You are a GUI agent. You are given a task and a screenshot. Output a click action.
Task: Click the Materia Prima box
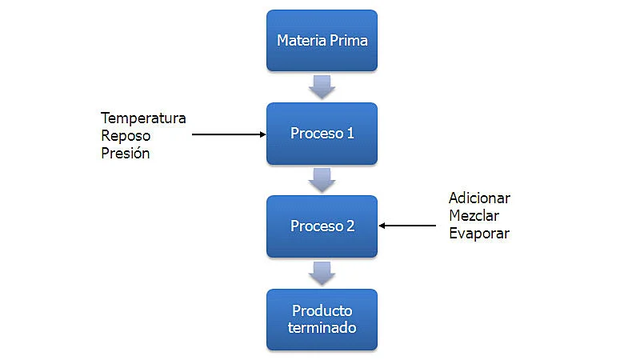(322, 40)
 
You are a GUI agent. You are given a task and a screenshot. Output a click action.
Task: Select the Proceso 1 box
(322, 133)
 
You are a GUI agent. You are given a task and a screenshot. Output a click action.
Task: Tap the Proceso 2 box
(322, 226)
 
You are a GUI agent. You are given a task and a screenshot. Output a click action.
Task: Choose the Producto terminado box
(322, 319)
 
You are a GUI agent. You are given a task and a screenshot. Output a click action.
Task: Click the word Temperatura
(143, 118)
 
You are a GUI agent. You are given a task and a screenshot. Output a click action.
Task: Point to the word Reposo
(126, 135)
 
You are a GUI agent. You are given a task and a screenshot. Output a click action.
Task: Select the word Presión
(126, 153)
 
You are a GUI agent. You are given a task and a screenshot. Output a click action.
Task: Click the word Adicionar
(479, 198)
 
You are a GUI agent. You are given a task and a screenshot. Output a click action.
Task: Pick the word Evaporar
(478, 234)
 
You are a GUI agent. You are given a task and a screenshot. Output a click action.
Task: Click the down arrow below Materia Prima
(322, 86)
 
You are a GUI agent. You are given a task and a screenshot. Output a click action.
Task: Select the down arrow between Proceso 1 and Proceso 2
(322, 179)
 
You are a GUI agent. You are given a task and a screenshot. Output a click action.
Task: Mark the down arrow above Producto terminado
(322, 273)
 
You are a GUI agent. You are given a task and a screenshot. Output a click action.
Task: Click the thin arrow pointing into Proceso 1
(229, 134)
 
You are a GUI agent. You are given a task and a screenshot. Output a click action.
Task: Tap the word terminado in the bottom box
(322, 328)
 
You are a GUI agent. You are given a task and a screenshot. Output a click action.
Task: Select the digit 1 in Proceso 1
(350, 133)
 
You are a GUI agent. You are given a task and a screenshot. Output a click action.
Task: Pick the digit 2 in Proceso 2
(350, 226)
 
